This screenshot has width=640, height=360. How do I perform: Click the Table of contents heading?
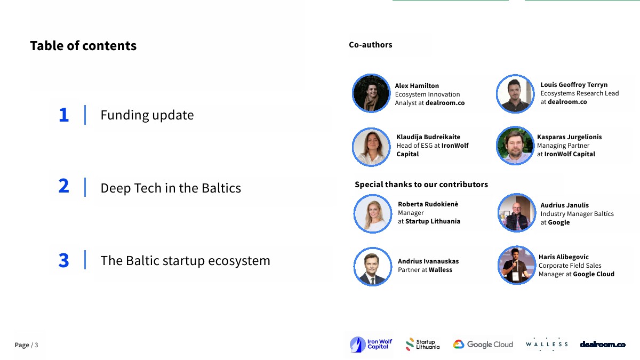click(x=83, y=46)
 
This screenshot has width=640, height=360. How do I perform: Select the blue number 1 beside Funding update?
click(x=64, y=115)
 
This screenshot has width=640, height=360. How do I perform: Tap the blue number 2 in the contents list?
click(x=63, y=186)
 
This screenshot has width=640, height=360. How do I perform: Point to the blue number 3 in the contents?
click(x=63, y=260)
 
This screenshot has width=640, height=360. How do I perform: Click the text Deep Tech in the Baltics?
click(x=171, y=188)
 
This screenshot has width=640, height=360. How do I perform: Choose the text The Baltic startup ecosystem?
click(x=185, y=261)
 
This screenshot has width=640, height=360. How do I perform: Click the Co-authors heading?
click(x=370, y=45)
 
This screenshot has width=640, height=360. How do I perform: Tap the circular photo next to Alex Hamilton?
click(x=371, y=93)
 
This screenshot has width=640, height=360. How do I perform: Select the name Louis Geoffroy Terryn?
click(x=574, y=85)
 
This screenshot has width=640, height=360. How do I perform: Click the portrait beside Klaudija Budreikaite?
click(x=371, y=147)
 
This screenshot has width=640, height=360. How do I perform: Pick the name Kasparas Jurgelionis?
click(x=569, y=137)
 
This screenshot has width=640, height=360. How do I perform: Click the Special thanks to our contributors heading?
click(x=421, y=185)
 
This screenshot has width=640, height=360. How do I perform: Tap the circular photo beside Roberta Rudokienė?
click(x=373, y=214)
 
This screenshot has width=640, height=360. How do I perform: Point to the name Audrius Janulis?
click(x=564, y=205)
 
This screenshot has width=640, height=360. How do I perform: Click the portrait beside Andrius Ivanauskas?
click(x=373, y=267)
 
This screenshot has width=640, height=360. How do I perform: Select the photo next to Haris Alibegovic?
click(x=517, y=265)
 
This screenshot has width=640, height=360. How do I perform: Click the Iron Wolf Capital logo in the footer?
click(x=371, y=345)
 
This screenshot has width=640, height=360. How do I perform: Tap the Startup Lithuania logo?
click(x=422, y=345)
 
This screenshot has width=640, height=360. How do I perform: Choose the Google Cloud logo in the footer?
click(x=483, y=345)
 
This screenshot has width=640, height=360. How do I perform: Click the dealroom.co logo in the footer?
click(x=603, y=345)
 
